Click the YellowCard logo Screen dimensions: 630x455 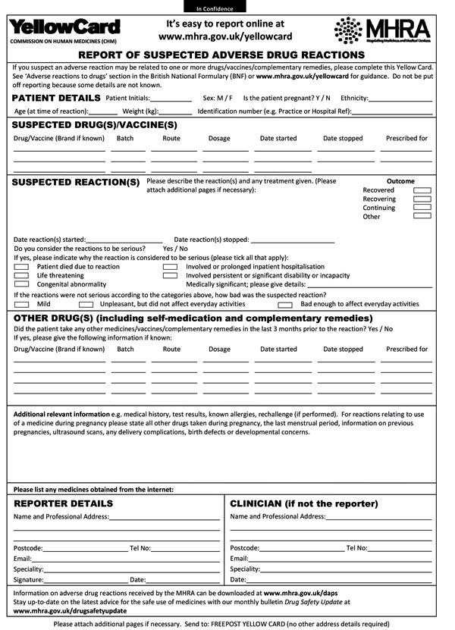pos(64,28)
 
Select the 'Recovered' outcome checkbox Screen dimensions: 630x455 pos(422,190)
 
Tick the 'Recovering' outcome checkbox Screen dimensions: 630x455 pos(422,199)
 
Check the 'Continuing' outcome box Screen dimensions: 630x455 pos(422,207)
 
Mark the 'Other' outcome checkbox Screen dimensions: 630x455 pos(422,216)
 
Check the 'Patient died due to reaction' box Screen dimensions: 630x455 pos(21,267)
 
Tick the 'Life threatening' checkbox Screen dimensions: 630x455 pos(21,275)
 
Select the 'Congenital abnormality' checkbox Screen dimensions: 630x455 pos(21,284)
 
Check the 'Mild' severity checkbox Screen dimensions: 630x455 pos(21,304)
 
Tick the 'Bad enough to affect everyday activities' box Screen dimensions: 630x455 pos(285,304)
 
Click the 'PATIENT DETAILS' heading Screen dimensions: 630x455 pos(56,99)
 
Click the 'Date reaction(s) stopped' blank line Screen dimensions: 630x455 pos(292,240)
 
